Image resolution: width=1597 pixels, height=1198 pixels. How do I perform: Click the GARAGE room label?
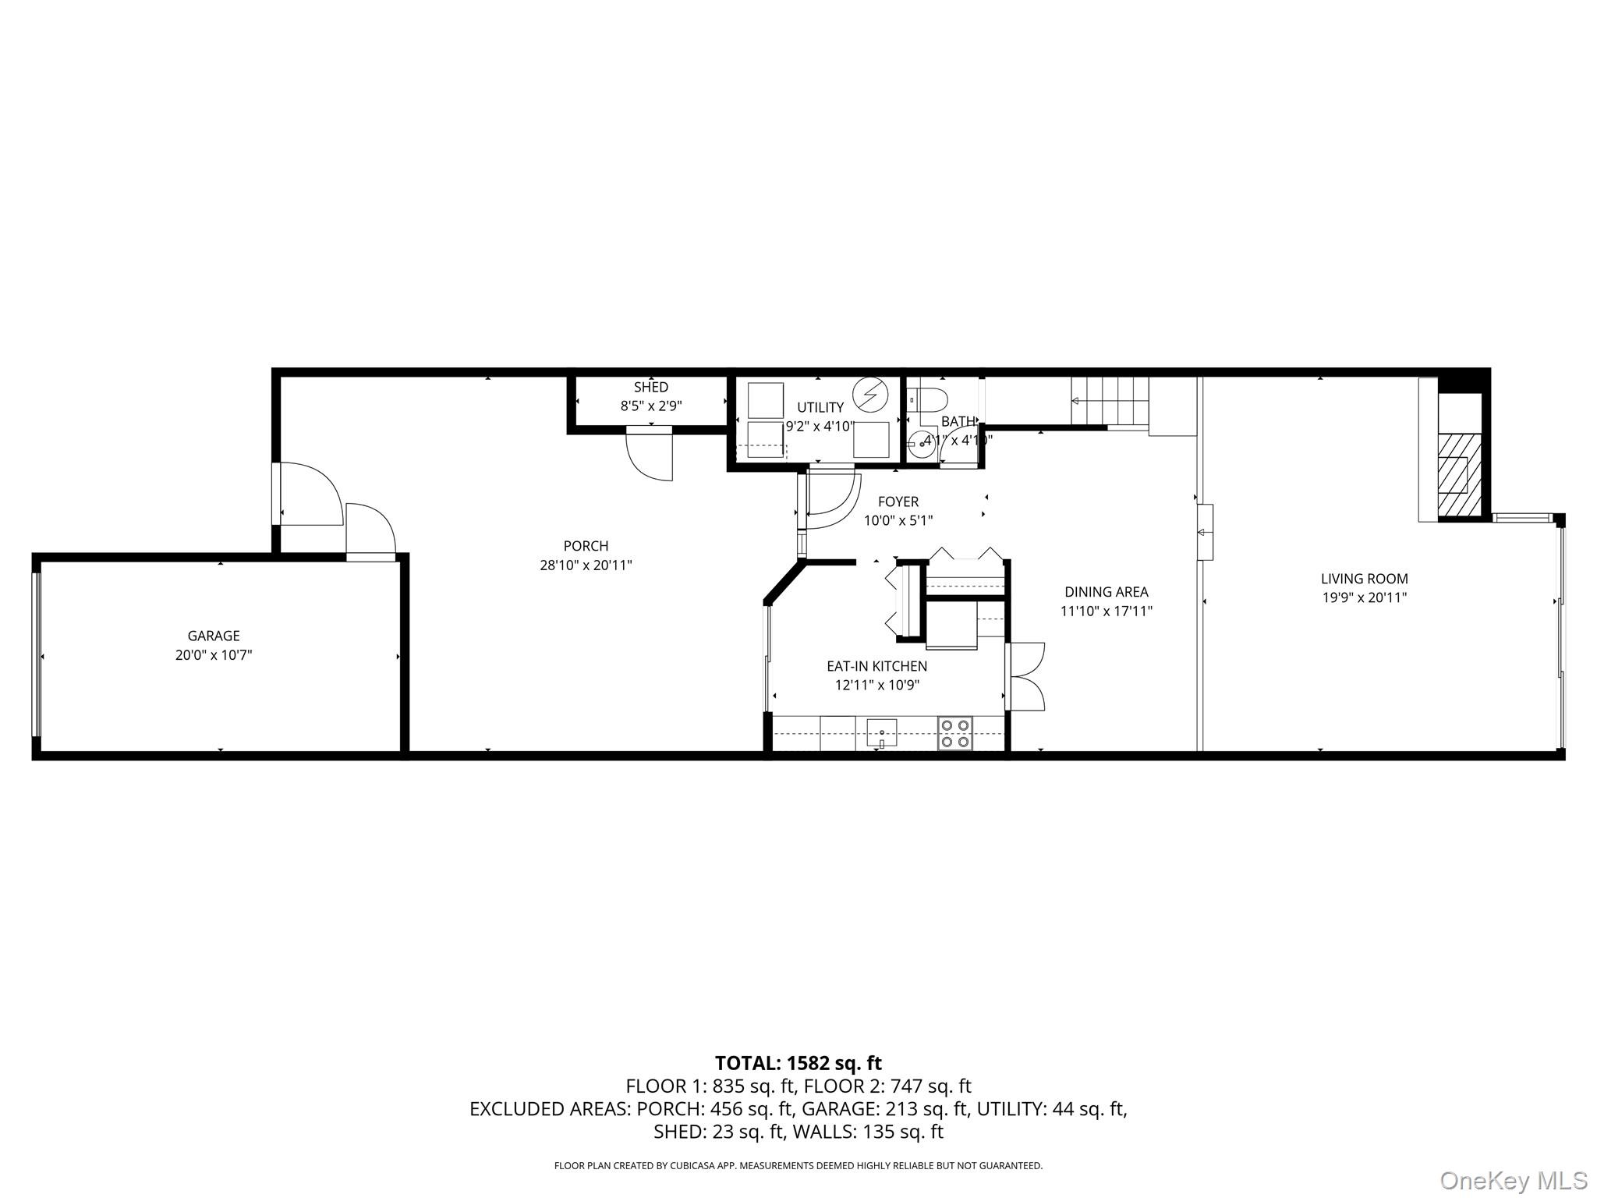click(x=213, y=636)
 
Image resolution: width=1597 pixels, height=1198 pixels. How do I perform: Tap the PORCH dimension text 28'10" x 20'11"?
click(x=586, y=565)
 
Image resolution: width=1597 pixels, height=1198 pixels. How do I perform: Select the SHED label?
click(x=650, y=387)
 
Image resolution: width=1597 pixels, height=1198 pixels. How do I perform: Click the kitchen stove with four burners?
click(x=954, y=734)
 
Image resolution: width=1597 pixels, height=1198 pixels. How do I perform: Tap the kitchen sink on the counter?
click(x=881, y=732)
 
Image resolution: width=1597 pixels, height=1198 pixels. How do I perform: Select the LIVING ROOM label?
click(x=1364, y=579)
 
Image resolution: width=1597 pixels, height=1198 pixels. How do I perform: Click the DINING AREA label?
click(x=1106, y=592)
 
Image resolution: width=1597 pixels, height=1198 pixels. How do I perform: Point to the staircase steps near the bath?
click(x=1109, y=401)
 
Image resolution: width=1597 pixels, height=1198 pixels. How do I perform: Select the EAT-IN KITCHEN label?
click(x=876, y=666)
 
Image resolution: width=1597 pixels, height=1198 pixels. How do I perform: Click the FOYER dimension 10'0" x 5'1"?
click(x=898, y=520)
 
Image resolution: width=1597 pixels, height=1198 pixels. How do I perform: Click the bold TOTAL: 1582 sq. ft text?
click(x=798, y=1063)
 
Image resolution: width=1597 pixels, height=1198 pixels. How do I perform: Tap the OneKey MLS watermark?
click(x=1512, y=1180)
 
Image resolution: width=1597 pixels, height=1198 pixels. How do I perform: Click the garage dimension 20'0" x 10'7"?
click(x=213, y=655)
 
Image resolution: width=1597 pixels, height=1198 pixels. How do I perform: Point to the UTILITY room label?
click(x=820, y=407)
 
